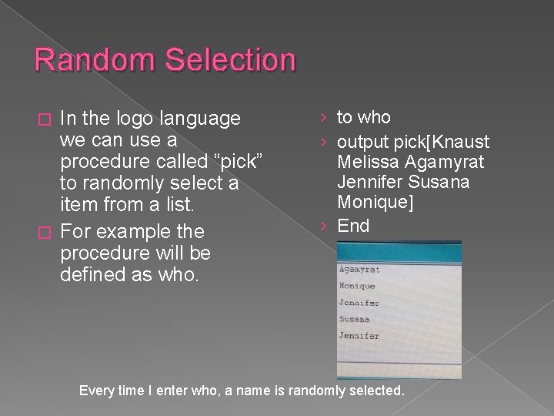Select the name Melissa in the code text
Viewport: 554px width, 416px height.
(x=365, y=161)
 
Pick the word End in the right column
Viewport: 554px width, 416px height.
(x=353, y=226)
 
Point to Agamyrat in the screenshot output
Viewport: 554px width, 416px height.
(x=359, y=270)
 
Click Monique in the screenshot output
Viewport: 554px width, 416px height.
(x=357, y=286)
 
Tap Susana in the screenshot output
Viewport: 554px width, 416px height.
(x=354, y=319)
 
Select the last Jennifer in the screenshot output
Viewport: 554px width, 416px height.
(x=359, y=336)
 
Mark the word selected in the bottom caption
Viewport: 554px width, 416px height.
(x=375, y=391)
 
